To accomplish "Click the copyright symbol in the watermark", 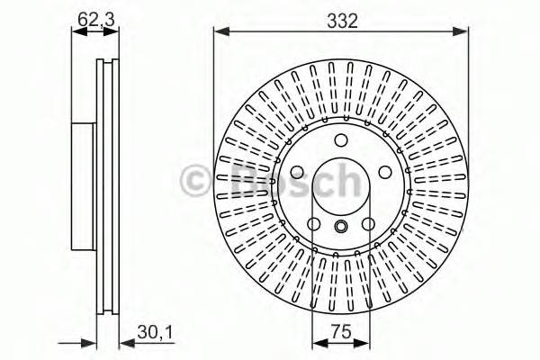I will [197, 180].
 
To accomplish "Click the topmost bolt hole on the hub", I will [340, 140].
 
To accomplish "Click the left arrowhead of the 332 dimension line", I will [219, 32].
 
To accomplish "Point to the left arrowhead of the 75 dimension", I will [317, 344].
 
